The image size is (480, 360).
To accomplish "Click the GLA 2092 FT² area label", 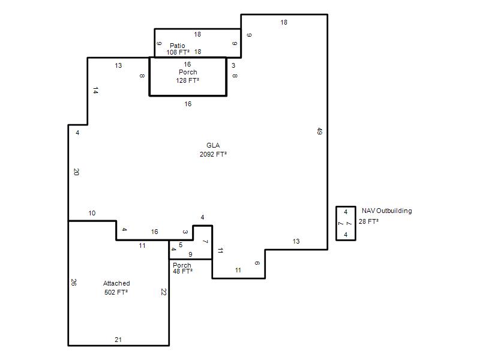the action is point(213,149).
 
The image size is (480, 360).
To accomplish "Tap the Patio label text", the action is point(177,46).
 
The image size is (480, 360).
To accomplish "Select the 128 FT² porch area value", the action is point(187,80).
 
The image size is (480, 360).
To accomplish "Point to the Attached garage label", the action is point(116,283).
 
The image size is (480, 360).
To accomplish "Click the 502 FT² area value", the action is point(116,292).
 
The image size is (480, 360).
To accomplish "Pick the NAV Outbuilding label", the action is point(386,211).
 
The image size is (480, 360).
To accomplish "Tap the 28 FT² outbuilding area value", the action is point(368,221).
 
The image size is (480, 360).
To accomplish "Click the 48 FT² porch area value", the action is point(182,271).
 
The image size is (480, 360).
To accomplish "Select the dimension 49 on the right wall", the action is point(319,131).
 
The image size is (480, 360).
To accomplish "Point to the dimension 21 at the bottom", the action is point(118,340).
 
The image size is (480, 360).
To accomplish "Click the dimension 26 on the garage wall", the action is point(73,282).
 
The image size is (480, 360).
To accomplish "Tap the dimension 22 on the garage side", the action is point(163,292).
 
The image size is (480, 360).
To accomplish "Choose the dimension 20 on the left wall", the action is point(76,172).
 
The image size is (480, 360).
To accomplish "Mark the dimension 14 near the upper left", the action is point(95,91).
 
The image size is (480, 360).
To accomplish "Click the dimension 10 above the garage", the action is point(92,213).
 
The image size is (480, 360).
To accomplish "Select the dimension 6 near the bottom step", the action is point(257,263).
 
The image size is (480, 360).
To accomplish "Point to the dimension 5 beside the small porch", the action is point(181,245).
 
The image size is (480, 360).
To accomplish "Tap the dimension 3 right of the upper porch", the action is point(233,65).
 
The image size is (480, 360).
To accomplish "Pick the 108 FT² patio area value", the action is point(178,52).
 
